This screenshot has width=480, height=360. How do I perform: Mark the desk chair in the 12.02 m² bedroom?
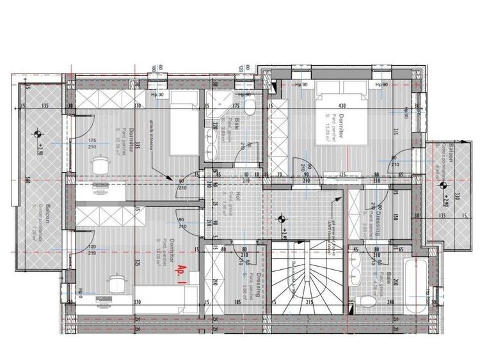point(115,282)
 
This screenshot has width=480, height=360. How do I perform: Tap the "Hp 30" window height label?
point(157,95)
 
